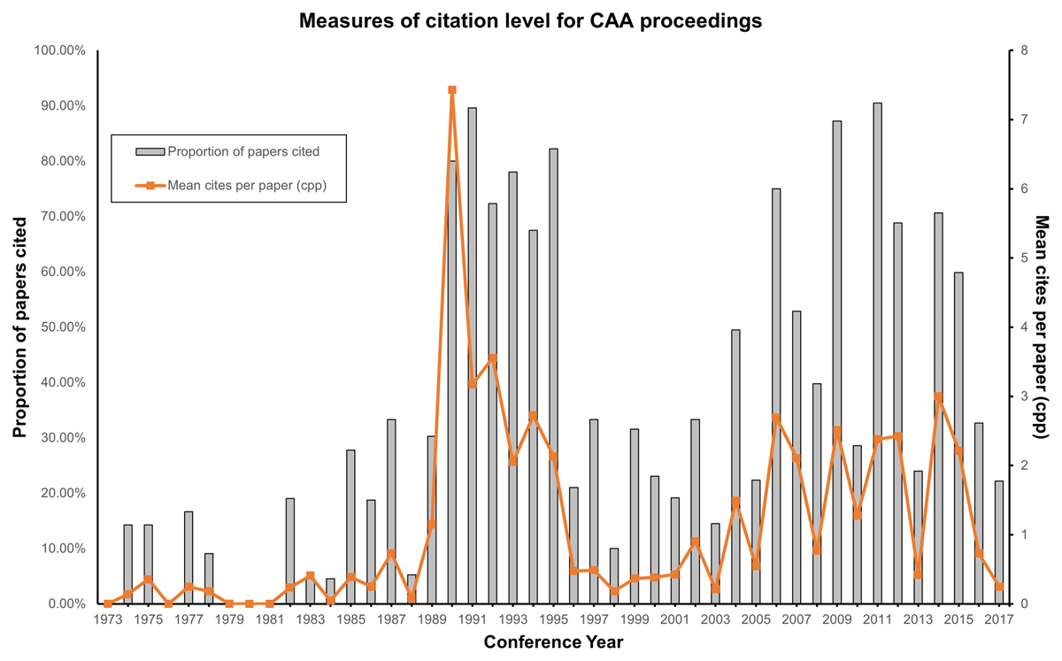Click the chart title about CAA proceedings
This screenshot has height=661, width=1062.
(530, 21)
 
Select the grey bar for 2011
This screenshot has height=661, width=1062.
(877, 354)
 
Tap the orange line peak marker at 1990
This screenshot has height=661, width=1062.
(451, 89)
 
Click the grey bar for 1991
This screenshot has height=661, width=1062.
(472, 354)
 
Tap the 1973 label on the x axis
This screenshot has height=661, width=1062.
(108, 619)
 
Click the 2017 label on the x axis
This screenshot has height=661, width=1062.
(998, 619)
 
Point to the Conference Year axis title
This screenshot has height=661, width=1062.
(553, 642)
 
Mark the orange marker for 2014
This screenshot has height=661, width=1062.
(938, 397)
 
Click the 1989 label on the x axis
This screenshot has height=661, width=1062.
(432, 619)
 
